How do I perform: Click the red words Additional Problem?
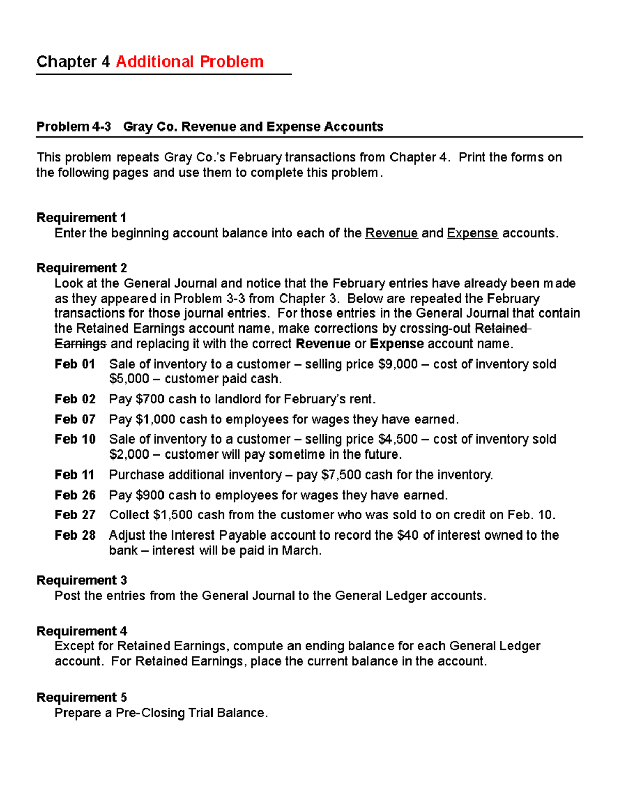pos(189,61)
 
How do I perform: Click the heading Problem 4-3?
pos(73,127)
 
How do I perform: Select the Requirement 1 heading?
pos(81,218)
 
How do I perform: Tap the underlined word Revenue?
pos(391,233)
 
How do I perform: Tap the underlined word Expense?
pos(472,233)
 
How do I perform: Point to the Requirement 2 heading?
pos(82,268)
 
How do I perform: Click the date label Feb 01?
pos(75,364)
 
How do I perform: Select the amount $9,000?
pos(397,364)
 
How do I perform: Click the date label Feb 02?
pos(75,399)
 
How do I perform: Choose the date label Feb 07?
pos(75,419)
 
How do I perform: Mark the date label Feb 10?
pos(75,439)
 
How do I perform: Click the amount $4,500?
pos(397,439)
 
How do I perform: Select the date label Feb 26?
pos(75,495)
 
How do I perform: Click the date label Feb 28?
pos(75,535)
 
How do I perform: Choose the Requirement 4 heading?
pos(82,631)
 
